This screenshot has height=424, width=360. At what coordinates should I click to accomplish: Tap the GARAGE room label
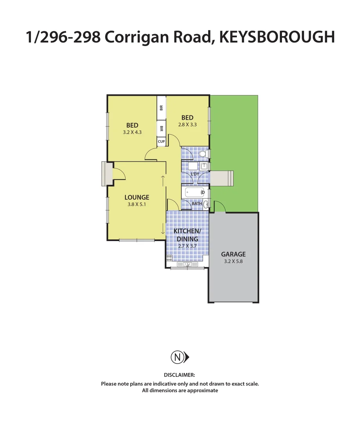(x=233, y=254)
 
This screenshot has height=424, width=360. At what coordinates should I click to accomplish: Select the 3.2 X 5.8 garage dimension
(x=233, y=261)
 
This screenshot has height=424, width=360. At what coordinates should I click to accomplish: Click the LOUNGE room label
(x=137, y=197)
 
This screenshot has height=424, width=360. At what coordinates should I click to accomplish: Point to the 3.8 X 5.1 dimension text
(x=137, y=205)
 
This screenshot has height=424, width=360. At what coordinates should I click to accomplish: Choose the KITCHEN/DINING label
(x=187, y=235)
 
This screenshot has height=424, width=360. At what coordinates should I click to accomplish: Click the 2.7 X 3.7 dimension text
(x=187, y=246)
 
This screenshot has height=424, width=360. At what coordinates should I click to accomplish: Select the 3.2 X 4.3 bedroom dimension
(x=132, y=132)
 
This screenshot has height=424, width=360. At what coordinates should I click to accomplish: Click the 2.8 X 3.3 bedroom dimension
(x=187, y=124)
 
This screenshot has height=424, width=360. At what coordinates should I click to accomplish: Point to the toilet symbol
(x=203, y=154)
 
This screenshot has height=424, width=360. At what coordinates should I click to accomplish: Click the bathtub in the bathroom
(x=195, y=192)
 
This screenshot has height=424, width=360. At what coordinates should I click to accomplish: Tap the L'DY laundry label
(x=195, y=174)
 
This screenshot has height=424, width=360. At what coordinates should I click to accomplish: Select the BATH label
(x=197, y=203)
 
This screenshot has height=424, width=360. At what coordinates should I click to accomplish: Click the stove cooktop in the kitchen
(x=169, y=258)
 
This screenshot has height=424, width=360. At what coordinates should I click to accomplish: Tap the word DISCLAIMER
(x=179, y=375)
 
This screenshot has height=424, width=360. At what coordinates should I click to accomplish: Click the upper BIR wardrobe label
(x=161, y=107)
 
